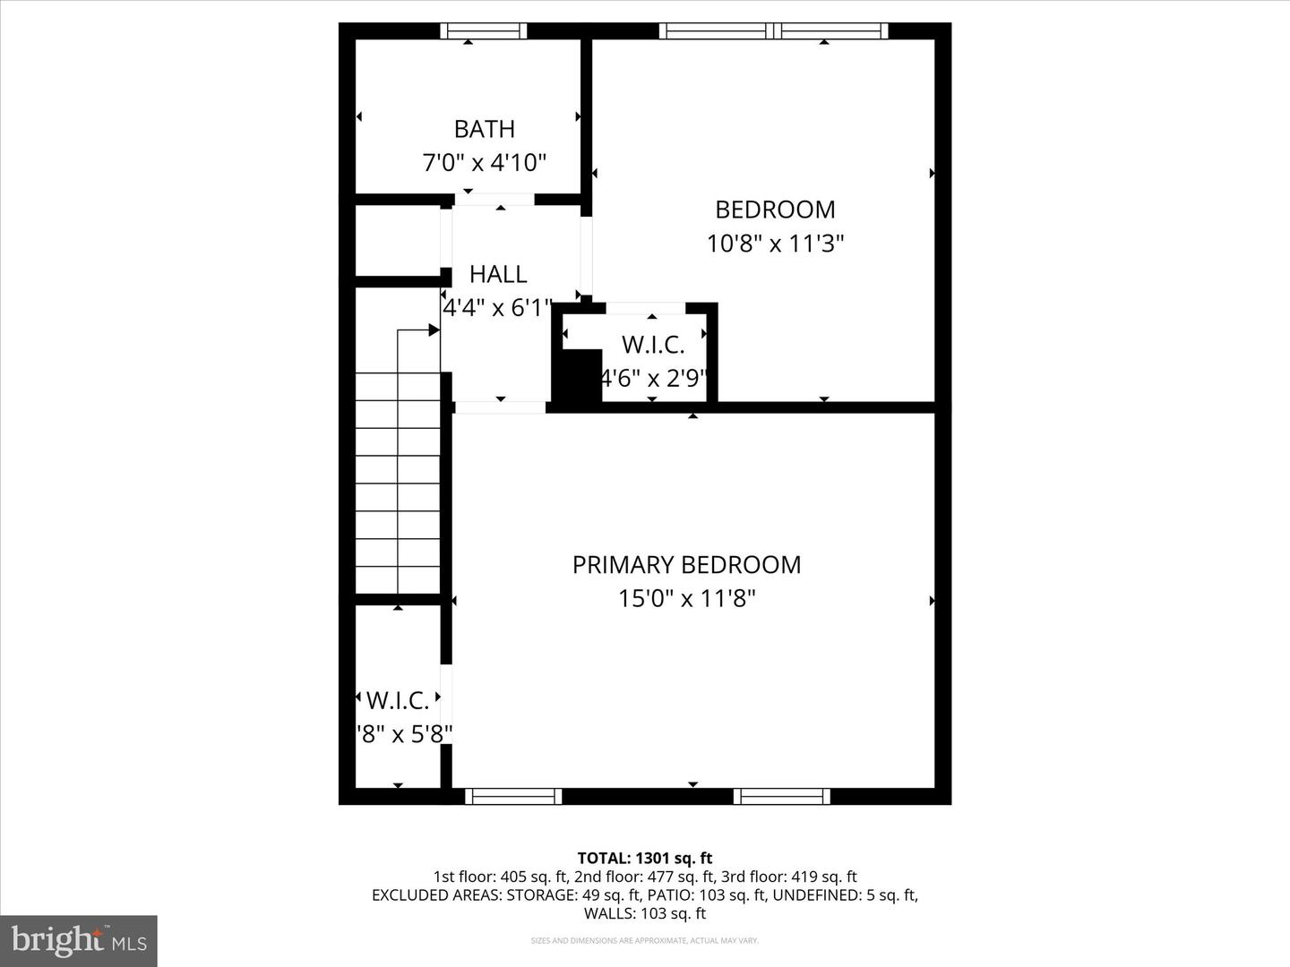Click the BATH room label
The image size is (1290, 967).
pyautogui.click(x=484, y=129)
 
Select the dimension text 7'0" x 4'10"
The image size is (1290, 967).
pyautogui.click(x=484, y=163)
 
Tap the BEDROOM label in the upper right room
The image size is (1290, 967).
pyautogui.click(x=775, y=210)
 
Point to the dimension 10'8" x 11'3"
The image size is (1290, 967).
pyautogui.click(x=775, y=244)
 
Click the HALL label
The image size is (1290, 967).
pyautogui.click(x=498, y=274)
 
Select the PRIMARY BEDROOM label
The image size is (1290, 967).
pyautogui.click(x=686, y=565)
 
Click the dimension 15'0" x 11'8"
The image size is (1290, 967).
pyautogui.click(x=686, y=598)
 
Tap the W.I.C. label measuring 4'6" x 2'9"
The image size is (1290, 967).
pyautogui.click(x=653, y=345)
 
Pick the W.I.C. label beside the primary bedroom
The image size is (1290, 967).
pyautogui.click(x=398, y=700)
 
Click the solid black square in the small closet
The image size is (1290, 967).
pyautogui.click(x=578, y=376)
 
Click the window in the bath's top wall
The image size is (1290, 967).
pyautogui.click(x=483, y=31)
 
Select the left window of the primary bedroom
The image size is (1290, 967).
pyautogui.click(x=513, y=796)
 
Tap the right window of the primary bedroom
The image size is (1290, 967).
pyautogui.click(x=781, y=796)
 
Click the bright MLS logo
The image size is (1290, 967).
pyautogui.click(x=79, y=940)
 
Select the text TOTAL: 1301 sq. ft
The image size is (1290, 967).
pyautogui.click(x=645, y=859)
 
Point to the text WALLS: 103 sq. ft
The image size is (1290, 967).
pyautogui.click(x=645, y=914)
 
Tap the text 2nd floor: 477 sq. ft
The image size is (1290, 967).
pyautogui.click(x=644, y=877)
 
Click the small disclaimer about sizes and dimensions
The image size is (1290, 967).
pyautogui.click(x=645, y=941)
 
